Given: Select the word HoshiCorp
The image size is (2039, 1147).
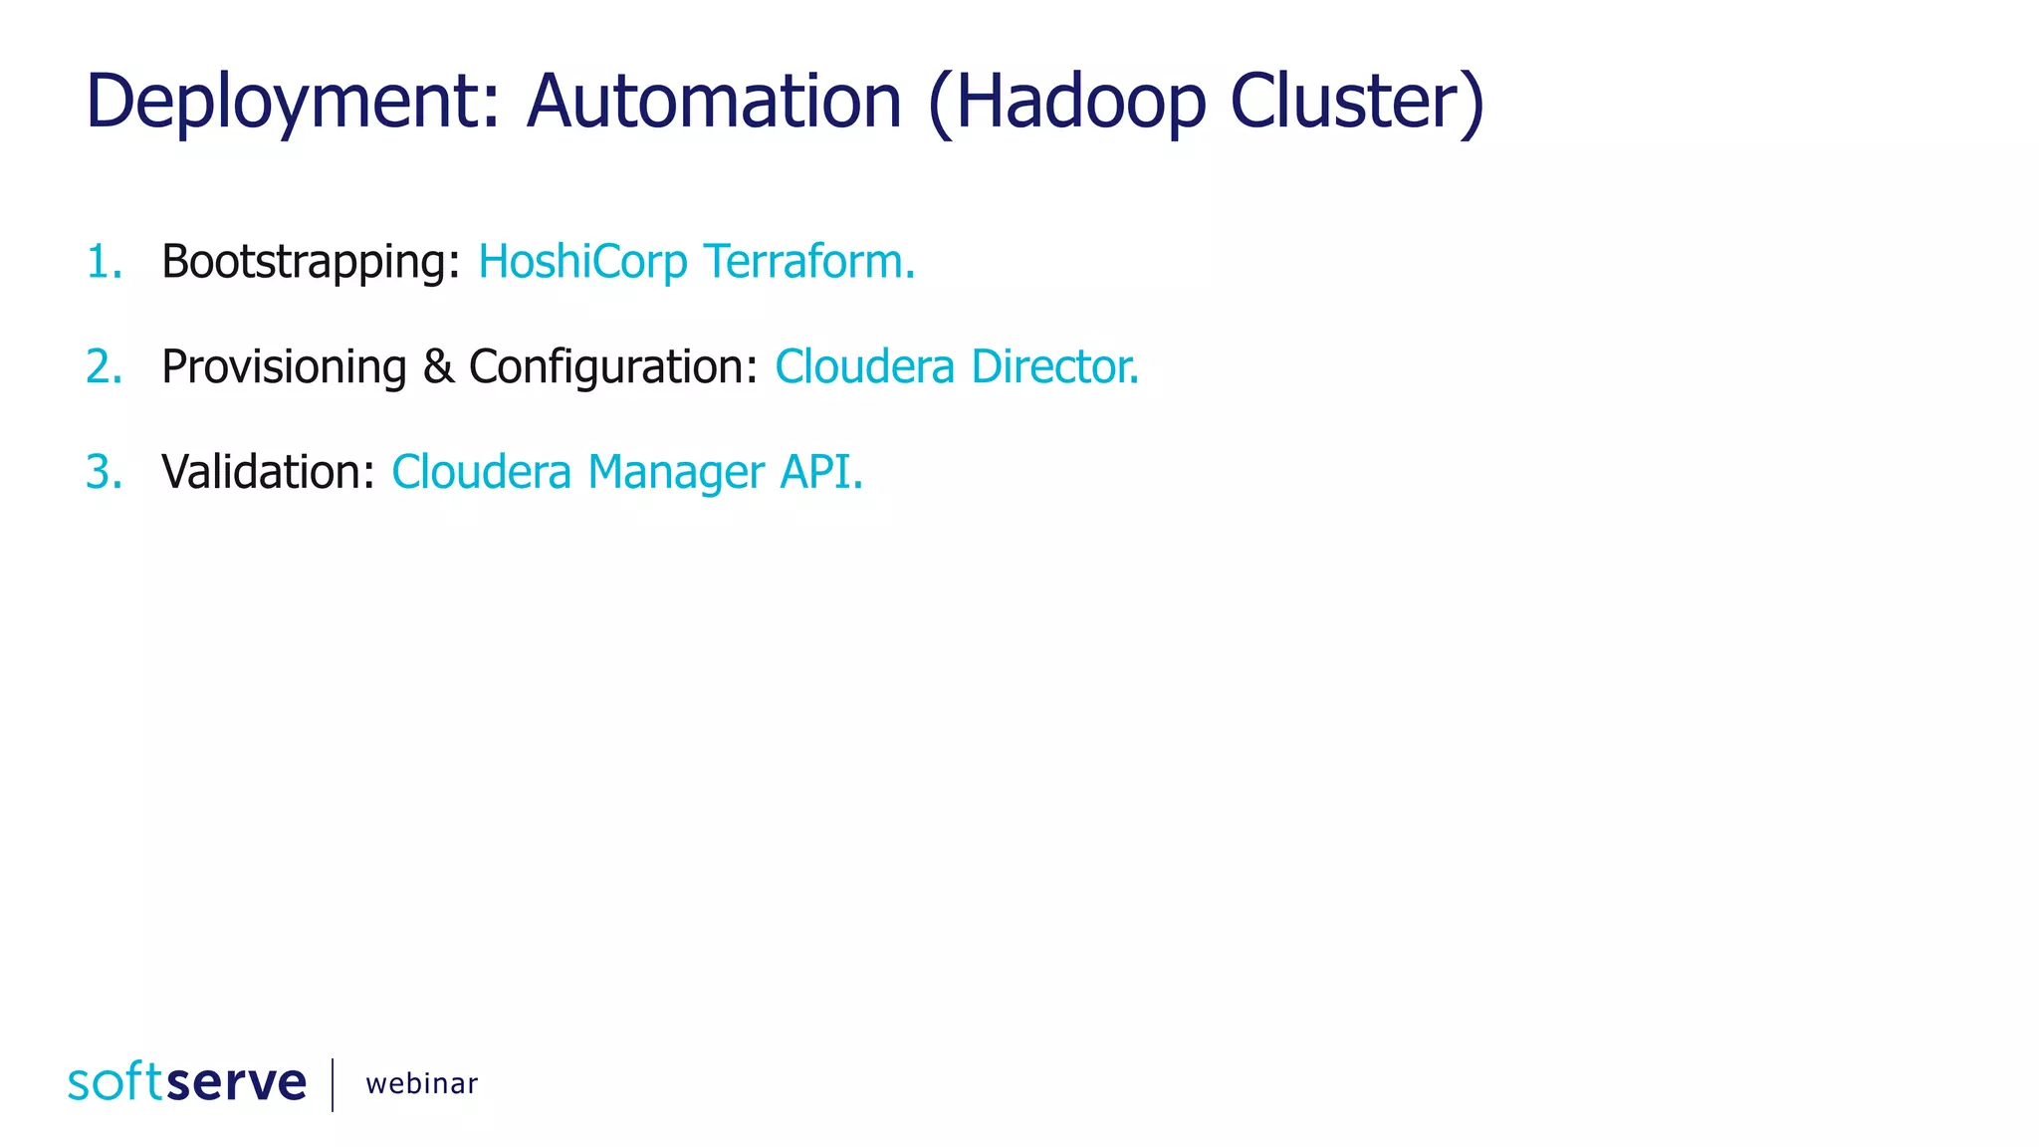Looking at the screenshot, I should point(582,262).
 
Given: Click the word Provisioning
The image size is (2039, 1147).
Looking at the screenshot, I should point(284,367).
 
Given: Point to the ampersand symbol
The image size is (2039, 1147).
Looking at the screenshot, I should point(438,366).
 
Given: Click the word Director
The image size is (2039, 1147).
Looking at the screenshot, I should point(1054,366).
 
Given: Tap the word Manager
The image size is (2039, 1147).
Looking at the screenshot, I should point(676,473).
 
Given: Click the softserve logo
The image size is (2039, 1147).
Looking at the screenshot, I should point(187,1082).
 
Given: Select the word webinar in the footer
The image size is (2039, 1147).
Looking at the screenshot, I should point(421,1083).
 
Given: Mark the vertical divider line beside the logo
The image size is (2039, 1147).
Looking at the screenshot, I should point(333,1084).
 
